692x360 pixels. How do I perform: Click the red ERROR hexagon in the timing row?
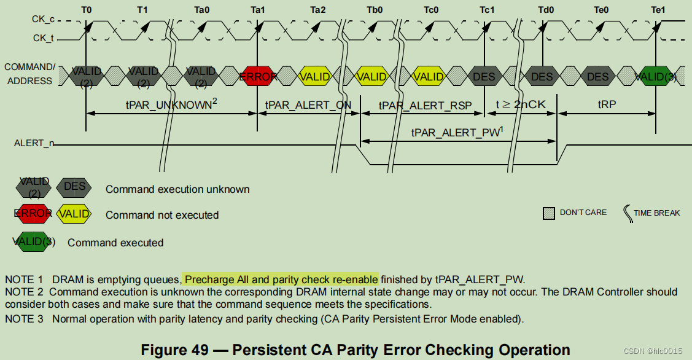tap(258, 77)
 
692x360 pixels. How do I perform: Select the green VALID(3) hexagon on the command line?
tap(655, 77)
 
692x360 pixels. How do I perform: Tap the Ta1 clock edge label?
tap(259, 10)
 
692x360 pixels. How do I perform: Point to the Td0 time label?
tap(545, 10)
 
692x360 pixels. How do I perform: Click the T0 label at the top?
tap(87, 10)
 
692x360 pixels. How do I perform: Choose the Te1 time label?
tap(658, 10)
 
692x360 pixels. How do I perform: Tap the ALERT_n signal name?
tap(34, 143)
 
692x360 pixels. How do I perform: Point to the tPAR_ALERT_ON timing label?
tap(308, 105)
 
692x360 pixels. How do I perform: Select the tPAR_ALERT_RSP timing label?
tap(425, 105)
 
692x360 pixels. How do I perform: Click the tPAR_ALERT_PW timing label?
tap(457, 131)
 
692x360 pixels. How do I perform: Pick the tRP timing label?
tap(607, 105)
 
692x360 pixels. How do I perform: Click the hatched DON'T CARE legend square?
tap(549, 213)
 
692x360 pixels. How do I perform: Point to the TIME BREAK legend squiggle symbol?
tap(627, 213)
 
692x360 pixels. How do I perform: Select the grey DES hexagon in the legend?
tap(74, 187)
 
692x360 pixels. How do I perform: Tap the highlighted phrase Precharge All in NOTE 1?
tap(217, 280)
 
